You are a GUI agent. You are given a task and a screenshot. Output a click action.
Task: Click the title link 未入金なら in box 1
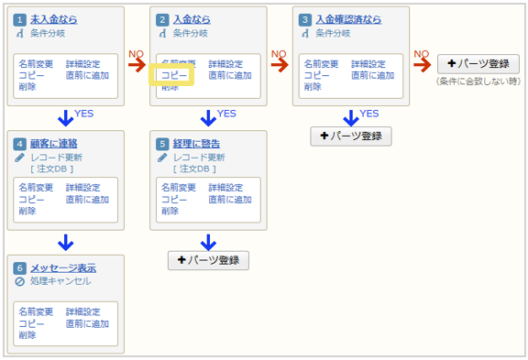[54, 19]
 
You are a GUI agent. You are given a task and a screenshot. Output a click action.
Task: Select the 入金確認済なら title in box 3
[348, 19]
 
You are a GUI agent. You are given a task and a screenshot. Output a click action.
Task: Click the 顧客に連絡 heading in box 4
[54, 144]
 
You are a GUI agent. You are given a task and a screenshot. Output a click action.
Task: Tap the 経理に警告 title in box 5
[197, 144]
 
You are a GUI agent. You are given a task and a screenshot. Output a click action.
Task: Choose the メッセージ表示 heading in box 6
[62, 268]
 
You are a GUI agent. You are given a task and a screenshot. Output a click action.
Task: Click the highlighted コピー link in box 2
[174, 76]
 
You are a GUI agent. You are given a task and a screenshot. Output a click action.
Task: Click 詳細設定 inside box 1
[84, 64]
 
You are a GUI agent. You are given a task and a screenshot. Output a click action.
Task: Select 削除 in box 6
[27, 335]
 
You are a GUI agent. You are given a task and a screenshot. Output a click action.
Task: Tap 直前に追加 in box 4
[87, 200]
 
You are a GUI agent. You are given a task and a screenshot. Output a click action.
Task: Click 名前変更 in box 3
[321, 64]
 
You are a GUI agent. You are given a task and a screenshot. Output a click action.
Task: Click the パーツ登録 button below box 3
[351, 136]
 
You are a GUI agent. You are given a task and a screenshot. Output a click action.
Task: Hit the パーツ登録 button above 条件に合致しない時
[478, 64]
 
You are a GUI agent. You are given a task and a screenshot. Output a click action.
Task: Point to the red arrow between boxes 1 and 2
[137, 64]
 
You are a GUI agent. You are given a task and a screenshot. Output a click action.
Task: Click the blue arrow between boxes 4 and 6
[65, 243]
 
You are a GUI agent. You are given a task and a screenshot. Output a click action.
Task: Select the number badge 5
[162, 144]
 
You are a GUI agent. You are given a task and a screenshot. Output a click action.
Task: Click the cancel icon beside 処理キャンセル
[20, 281]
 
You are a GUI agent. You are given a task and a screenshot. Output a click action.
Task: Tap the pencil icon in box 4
[20, 157]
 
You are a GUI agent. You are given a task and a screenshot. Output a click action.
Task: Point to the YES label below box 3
[369, 114]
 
